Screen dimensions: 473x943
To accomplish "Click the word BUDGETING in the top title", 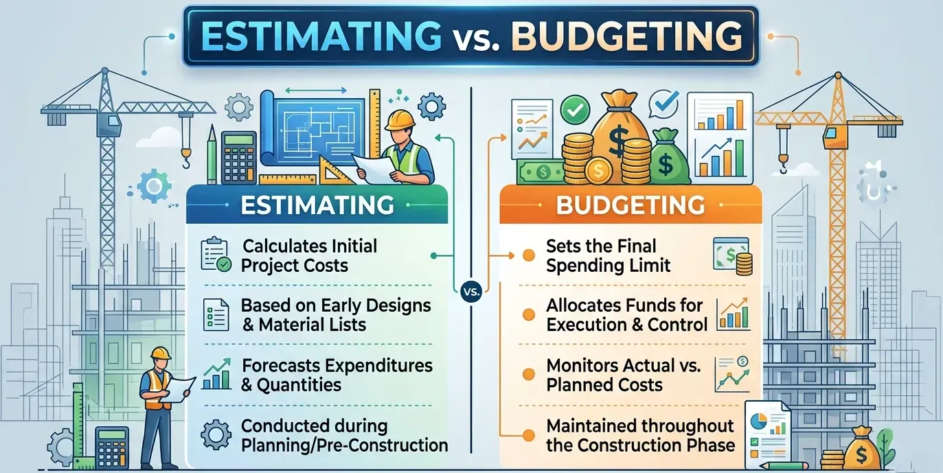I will [626, 36].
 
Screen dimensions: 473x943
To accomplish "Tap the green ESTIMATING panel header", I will [317, 205].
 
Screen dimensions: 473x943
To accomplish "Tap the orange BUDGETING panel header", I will [630, 205].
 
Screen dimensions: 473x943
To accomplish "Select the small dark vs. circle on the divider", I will [471, 290].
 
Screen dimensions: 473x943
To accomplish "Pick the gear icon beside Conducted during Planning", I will [215, 435].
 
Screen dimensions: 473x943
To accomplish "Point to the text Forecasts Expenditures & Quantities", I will [337, 374].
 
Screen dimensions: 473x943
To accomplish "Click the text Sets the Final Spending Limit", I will [609, 255].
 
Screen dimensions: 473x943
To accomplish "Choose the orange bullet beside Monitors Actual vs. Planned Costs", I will [529, 375].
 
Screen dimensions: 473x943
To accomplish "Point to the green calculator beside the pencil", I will [239, 157].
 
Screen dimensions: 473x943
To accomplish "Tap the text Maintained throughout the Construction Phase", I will [640, 435].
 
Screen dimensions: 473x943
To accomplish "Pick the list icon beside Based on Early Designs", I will [215, 314].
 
